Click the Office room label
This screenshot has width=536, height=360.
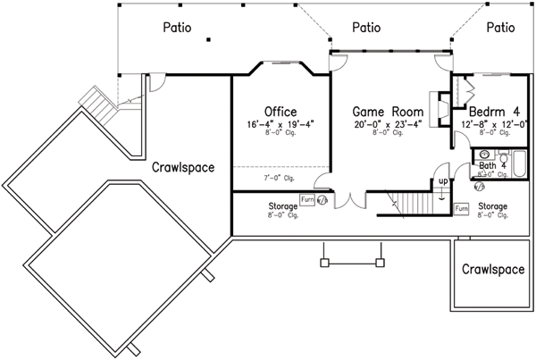[281, 112]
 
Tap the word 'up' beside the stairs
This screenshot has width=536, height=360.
[441, 183]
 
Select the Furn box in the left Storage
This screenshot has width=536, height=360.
[307, 200]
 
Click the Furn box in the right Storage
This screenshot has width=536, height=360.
[461, 208]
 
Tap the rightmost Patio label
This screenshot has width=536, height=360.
[501, 27]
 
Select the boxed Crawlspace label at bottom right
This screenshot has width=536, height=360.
[492, 269]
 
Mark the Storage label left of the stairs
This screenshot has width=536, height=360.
[282, 206]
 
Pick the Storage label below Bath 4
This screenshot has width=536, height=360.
[492, 206]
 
